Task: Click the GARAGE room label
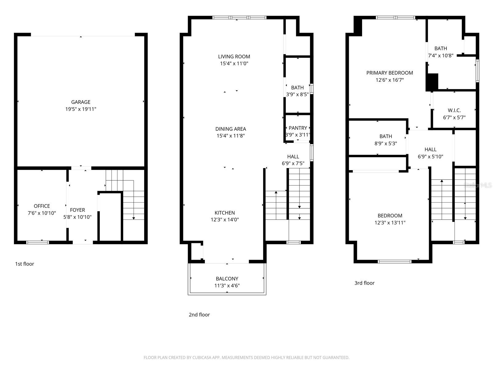81,102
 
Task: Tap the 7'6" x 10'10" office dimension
42,213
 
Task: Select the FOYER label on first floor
77,210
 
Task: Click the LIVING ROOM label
234,56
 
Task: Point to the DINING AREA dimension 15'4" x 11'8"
230,136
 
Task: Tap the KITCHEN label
225,213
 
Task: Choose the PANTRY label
298,128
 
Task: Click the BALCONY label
227,279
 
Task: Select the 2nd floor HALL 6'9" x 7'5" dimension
293,164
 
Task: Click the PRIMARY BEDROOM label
389,73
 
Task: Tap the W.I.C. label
454,110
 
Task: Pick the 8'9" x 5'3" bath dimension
386,144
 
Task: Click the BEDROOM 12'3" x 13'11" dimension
390,223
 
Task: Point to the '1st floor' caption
25,264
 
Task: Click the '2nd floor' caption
199,315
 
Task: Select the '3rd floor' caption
364,283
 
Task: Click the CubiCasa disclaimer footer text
246,358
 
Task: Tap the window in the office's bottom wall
38,242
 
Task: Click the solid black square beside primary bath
432,82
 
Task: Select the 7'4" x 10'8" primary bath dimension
441,56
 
